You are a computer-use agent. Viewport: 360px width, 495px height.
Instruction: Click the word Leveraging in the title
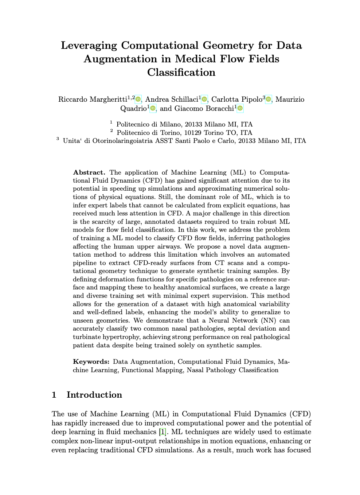[89, 46]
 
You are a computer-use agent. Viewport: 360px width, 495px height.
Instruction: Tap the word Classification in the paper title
[181, 73]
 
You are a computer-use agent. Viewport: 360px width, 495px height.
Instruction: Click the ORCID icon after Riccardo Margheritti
[138, 99]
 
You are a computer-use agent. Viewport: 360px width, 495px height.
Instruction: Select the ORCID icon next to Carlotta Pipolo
[269, 99]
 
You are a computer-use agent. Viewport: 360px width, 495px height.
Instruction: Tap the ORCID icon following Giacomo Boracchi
[240, 108]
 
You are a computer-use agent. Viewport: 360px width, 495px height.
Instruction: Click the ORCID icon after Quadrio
[153, 108]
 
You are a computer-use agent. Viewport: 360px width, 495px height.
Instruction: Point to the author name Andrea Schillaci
[172, 99]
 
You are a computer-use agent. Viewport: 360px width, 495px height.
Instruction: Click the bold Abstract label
[89, 172]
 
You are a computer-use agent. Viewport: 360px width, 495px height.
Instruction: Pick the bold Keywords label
[91, 362]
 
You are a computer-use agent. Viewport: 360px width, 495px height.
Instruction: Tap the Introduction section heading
[94, 395]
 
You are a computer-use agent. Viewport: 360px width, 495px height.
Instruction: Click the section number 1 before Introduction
[54, 395]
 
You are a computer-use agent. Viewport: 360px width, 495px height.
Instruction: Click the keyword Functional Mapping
[152, 370]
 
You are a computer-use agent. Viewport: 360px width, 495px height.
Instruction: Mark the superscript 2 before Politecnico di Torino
[111, 131]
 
